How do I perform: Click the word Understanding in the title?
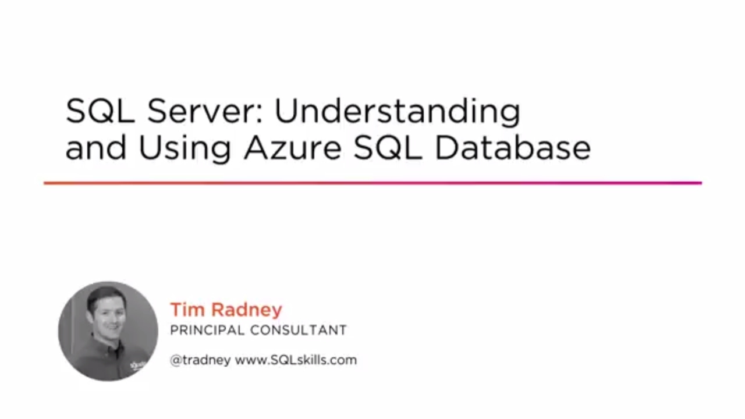point(397,112)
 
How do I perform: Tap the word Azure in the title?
point(292,148)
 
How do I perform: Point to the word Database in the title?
point(512,148)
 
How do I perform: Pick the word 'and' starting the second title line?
point(95,148)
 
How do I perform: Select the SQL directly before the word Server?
point(101,111)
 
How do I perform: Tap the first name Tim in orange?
point(187,310)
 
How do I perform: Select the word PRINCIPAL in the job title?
point(207,331)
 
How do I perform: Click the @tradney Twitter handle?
point(200,360)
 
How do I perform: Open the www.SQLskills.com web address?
point(296,360)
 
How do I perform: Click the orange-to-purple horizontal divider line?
point(372,183)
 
